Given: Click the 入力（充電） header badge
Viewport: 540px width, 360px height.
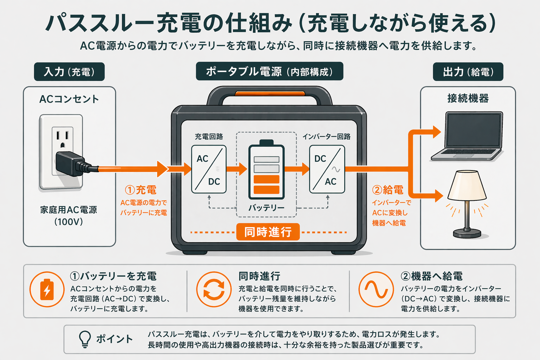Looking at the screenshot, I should coord(69,72).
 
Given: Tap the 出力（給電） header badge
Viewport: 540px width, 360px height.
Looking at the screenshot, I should coord(468,72).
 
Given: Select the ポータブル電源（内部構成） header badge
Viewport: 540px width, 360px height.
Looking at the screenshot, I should coord(269,71).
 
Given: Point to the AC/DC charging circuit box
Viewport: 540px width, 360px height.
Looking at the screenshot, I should coord(208,169).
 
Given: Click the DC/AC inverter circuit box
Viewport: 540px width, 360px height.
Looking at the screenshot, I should coord(327,169).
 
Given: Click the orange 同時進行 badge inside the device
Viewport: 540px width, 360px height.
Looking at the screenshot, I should coord(268,232).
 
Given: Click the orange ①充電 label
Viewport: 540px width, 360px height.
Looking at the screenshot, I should coord(141,190).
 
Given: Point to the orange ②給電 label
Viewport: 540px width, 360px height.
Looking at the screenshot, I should coord(388,190).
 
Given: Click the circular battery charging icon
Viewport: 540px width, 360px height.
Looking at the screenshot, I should coord(47,289).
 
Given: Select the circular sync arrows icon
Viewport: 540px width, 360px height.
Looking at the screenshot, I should coord(214,289).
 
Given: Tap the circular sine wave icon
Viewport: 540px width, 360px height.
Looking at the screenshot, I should coord(376,289).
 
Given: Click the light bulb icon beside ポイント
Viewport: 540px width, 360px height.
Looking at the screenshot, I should coord(85,339).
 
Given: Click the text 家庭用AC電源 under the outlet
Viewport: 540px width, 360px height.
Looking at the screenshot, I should coord(69,210).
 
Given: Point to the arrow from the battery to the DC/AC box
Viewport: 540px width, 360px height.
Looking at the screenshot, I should coord(297,169).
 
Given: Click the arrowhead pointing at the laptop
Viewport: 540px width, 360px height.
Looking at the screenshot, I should coord(437,132).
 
